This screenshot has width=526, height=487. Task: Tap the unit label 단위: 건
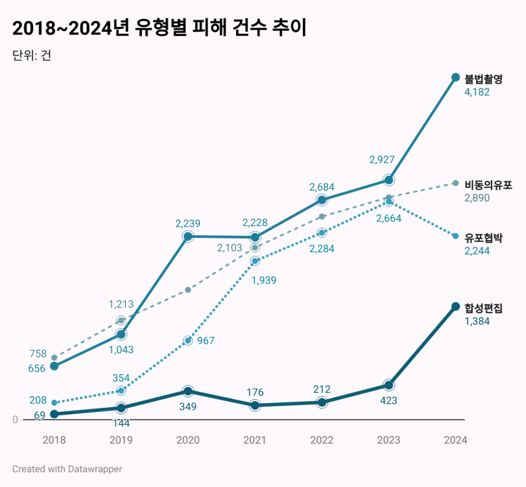32,55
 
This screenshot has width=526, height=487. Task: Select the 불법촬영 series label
483,79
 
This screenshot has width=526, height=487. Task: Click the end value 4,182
477,92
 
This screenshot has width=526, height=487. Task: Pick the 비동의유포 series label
488,185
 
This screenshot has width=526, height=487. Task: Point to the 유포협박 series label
483,238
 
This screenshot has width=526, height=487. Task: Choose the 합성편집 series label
483,308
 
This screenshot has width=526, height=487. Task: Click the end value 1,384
477,321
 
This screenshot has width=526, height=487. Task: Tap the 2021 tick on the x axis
255,440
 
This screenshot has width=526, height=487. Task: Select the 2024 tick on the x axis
456,440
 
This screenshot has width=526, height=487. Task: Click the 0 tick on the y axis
15,420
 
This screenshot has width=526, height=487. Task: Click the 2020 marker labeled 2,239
188,236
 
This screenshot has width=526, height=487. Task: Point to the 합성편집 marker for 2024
456,306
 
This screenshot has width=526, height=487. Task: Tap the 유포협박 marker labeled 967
188,340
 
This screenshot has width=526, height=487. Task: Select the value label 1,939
264,280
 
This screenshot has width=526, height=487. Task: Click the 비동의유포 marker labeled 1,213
121,320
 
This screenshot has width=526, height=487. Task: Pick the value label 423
388,400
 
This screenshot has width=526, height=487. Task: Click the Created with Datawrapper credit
67,469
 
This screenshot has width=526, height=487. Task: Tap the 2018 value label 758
38,354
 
